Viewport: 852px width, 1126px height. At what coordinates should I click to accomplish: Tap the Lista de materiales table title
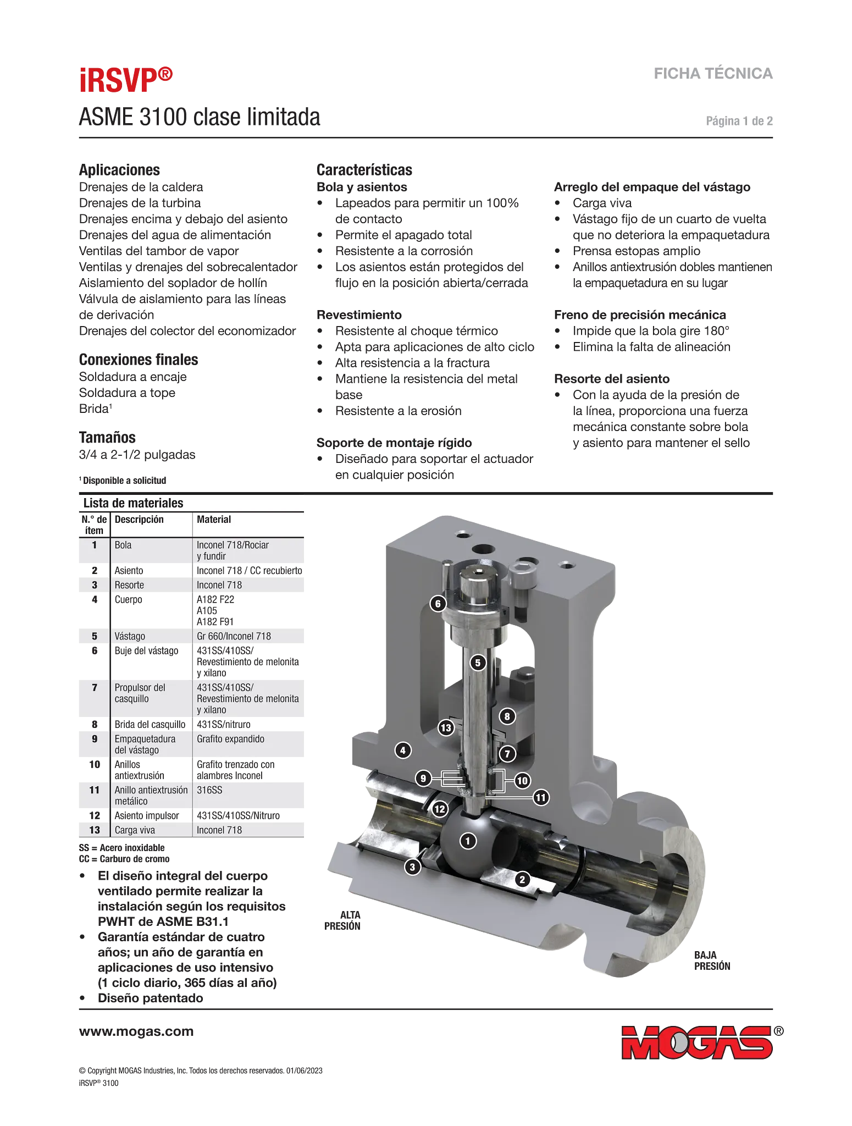[x=133, y=503]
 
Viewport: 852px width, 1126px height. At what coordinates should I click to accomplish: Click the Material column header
[x=214, y=520]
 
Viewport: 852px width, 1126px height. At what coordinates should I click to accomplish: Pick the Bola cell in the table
[x=123, y=545]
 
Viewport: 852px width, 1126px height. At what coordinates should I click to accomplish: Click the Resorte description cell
[x=129, y=585]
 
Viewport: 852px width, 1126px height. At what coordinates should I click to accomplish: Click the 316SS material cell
[x=209, y=790]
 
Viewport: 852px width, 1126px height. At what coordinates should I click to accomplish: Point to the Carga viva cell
[x=135, y=830]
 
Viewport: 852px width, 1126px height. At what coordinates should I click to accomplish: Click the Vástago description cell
[x=130, y=636]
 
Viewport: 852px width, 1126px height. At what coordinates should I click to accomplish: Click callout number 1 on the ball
[x=468, y=841]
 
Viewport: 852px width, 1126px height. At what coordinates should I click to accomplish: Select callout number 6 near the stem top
[x=438, y=604]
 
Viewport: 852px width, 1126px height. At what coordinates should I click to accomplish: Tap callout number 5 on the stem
[x=478, y=663]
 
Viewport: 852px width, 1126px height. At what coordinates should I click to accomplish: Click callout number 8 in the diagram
[x=507, y=716]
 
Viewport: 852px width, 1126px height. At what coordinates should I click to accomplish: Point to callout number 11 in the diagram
[x=541, y=797]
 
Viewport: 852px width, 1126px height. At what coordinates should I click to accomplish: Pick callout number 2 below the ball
[x=522, y=879]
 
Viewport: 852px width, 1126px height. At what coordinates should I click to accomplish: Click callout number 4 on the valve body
[x=403, y=750]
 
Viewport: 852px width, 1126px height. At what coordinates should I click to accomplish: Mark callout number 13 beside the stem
[x=446, y=728]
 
